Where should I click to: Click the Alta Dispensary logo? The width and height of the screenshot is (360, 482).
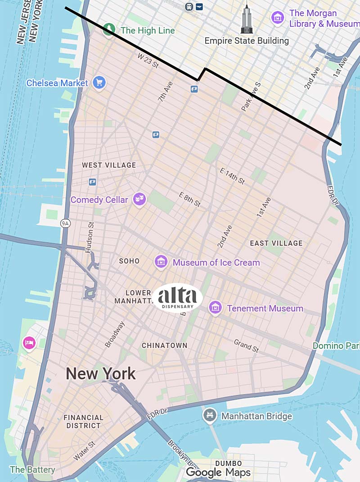coord(177,297)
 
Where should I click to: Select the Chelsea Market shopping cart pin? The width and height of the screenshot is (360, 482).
coord(99,82)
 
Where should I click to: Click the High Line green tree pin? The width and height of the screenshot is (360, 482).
coord(108,30)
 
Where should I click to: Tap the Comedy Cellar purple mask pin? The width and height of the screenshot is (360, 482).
coord(139,199)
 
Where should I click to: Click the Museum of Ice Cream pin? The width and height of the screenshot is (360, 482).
coord(161,261)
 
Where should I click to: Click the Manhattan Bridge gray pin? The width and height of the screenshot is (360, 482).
coord(210,415)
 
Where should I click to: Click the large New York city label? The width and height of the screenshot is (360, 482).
coord(100,373)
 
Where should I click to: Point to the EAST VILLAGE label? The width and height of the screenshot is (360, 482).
coord(276,243)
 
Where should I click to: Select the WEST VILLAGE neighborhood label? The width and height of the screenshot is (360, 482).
coord(108,165)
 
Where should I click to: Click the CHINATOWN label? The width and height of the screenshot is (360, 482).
coord(164,345)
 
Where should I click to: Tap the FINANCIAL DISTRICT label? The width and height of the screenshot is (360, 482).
coord(83,422)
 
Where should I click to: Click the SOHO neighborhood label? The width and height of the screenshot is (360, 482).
coord(129,261)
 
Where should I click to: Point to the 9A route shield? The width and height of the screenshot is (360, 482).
coord(66,223)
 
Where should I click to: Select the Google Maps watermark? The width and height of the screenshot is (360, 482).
coord(218,472)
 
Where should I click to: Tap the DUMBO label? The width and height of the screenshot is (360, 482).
coord(228,463)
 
